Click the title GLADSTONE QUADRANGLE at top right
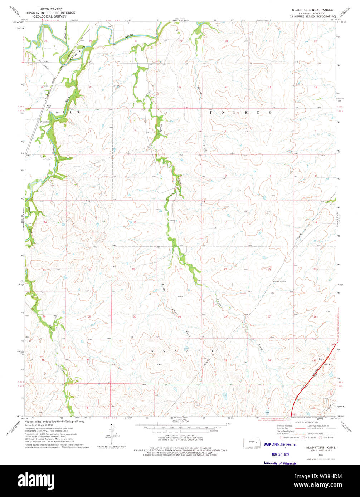point(313,9)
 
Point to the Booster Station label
point(279,282)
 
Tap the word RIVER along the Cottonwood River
point(131,36)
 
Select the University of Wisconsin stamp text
point(280,463)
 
